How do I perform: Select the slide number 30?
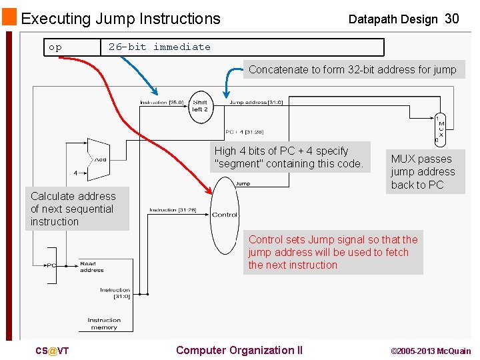click(x=451, y=19)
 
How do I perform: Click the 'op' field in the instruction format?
click(x=55, y=47)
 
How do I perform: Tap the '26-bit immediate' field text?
click(x=159, y=47)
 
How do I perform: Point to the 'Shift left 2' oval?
click(x=200, y=106)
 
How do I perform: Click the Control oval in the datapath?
click(x=225, y=214)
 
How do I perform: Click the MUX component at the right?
click(x=439, y=129)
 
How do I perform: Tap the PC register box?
click(x=51, y=265)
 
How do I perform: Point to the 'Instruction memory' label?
click(x=104, y=323)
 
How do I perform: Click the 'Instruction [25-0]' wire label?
click(x=163, y=103)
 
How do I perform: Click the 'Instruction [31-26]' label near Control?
click(x=173, y=210)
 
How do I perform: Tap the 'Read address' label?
click(x=91, y=267)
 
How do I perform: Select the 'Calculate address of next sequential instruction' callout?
click(x=77, y=209)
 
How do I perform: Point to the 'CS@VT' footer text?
click(x=52, y=351)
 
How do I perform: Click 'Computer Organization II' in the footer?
click(x=239, y=350)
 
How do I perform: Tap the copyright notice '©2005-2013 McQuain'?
click(x=431, y=351)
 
